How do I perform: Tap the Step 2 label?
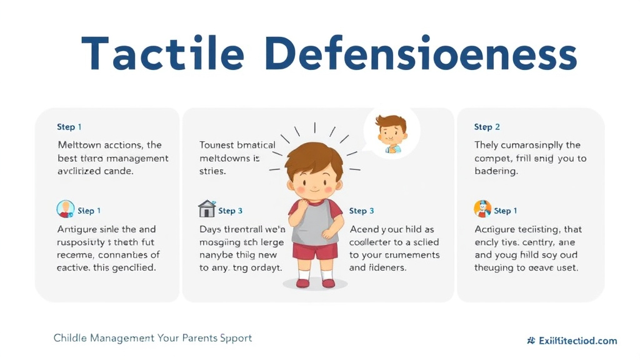[x=487, y=127]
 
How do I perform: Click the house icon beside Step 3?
[x=206, y=209]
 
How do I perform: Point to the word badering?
[x=496, y=171]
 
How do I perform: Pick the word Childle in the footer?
[x=70, y=338]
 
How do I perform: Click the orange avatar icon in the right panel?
[x=482, y=209]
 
